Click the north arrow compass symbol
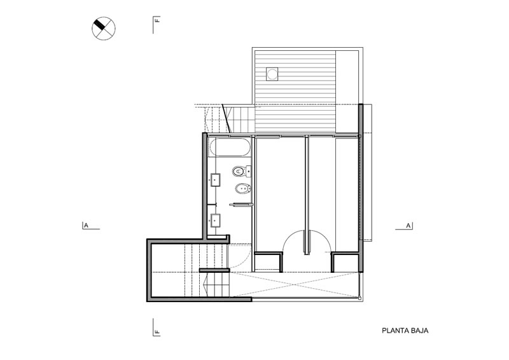(x=104, y=29)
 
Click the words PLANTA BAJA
(x=405, y=331)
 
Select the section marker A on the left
(x=86, y=225)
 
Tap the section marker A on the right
(x=408, y=225)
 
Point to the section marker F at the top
(x=157, y=20)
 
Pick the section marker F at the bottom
(x=157, y=332)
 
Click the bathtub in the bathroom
(x=230, y=148)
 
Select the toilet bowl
(x=239, y=171)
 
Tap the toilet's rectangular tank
(x=249, y=171)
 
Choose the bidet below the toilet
(x=241, y=189)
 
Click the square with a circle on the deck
(x=272, y=74)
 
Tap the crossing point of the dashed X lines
(x=295, y=285)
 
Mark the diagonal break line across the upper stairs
(x=227, y=118)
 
